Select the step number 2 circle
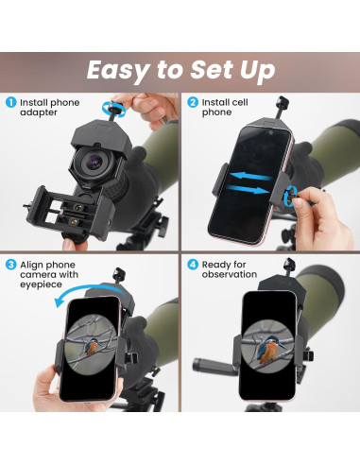click(193, 102)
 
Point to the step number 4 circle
click(193, 264)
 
